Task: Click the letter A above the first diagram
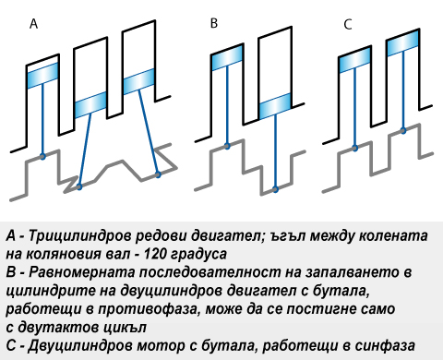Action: click(x=33, y=24)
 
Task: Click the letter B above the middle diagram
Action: click(x=214, y=23)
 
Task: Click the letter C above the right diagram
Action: click(x=348, y=25)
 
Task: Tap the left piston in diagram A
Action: click(x=42, y=76)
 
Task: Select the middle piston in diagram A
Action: click(x=90, y=105)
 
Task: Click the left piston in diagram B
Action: click(x=227, y=57)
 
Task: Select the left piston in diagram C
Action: click(x=355, y=60)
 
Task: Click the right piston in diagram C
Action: click(x=403, y=42)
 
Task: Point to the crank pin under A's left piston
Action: click(x=42, y=157)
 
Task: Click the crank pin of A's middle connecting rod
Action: click(x=79, y=186)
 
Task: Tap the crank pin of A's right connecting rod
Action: click(x=158, y=174)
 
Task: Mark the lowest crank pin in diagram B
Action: click(x=275, y=189)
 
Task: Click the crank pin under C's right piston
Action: click(x=403, y=131)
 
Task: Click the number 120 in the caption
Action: click(x=154, y=254)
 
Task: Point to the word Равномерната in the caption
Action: click(x=81, y=273)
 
